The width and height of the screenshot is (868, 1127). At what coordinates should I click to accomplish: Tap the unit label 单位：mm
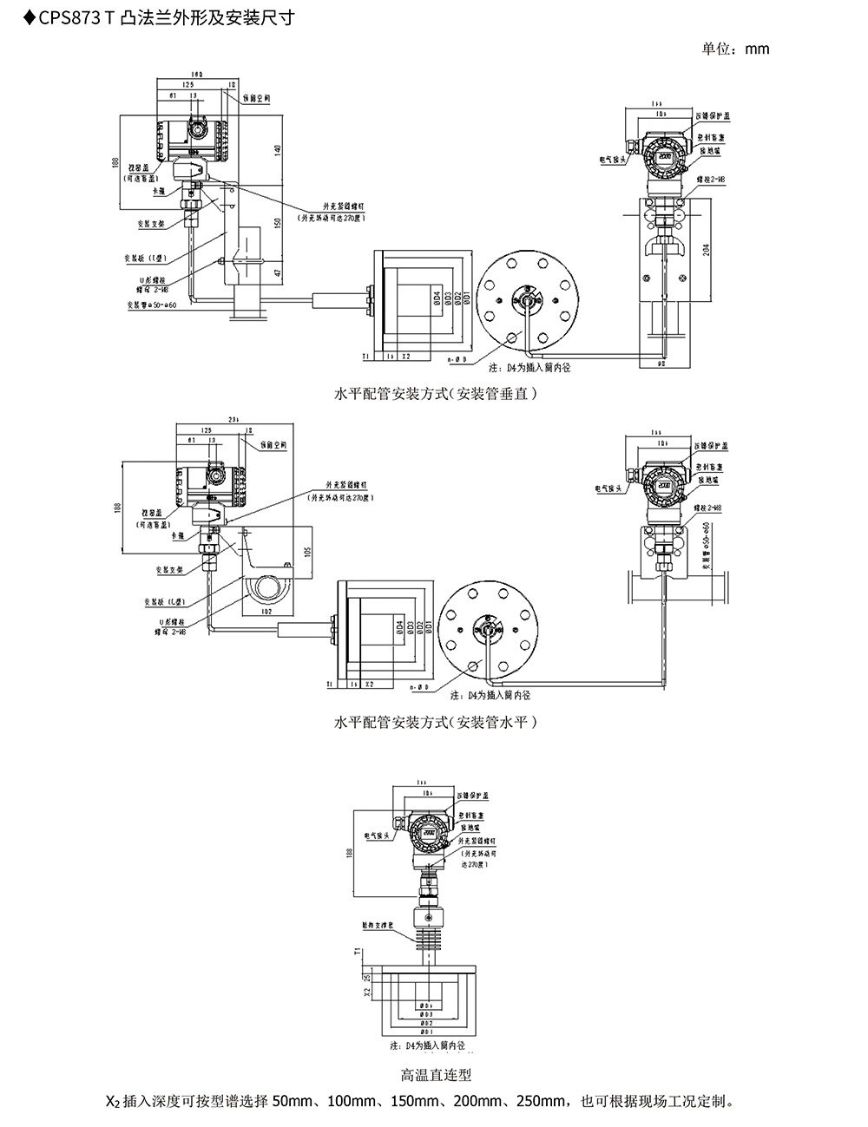735,49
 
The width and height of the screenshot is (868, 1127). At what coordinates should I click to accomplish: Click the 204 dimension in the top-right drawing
706,250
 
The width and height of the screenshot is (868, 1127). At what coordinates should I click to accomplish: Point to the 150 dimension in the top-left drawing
278,222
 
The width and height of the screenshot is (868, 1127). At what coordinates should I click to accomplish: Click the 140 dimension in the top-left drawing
278,150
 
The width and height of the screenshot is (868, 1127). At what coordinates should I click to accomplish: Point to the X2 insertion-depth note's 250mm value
541,1103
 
